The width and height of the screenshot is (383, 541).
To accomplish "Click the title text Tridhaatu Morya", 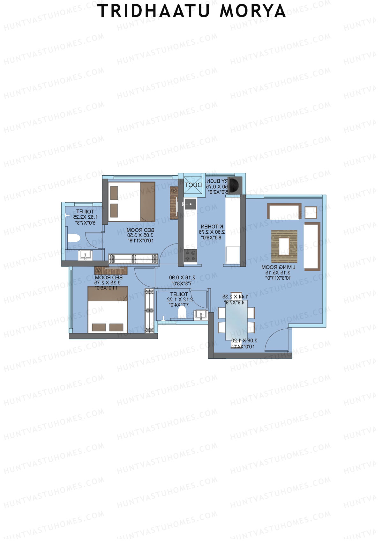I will pos(191,11).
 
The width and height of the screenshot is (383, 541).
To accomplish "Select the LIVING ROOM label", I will pos(278,267).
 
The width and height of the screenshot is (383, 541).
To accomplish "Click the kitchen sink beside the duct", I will pos(190,204).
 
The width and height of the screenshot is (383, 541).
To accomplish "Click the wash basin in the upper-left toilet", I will pos(85,255).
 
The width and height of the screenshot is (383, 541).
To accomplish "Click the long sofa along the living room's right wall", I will pos(312,246).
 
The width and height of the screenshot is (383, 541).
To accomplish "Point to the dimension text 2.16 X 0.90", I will pos(182,278).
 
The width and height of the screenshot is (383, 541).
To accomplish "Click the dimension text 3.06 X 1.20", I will pos(244,340).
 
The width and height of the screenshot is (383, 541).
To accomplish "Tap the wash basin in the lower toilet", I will pos(201,315).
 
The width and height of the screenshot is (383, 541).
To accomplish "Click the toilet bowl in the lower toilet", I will pos(182,311).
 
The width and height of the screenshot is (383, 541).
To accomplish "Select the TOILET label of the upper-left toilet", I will pos(85,211).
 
